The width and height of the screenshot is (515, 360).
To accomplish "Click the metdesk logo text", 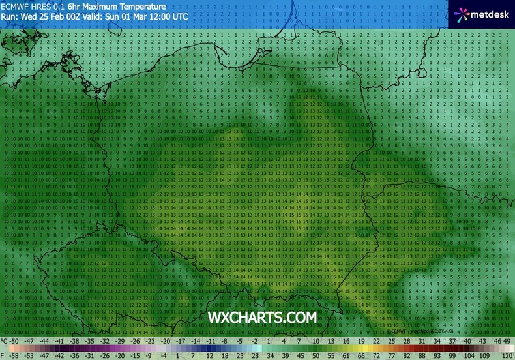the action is click(489, 13).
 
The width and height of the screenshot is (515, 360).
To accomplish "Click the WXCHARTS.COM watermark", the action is click(262, 318).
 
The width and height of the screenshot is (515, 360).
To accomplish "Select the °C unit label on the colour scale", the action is click(5, 341).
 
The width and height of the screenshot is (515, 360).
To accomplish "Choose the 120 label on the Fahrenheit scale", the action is click(507, 355).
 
